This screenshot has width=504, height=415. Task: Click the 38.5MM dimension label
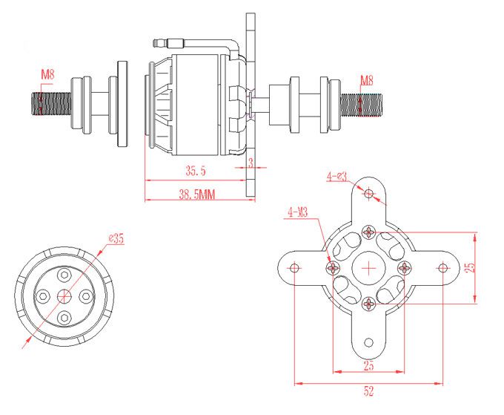click(196, 195)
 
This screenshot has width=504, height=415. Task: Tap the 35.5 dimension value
click(196, 171)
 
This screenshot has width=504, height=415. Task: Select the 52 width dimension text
click(368, 391)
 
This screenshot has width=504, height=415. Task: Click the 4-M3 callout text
click(298, 212)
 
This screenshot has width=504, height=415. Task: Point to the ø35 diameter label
click(116, 238)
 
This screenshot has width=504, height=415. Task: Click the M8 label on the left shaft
click(47, 75)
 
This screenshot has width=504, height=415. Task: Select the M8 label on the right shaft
click(366, 80)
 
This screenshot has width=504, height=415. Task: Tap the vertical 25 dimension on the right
click(470, 267)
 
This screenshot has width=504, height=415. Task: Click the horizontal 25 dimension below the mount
click(368, 365)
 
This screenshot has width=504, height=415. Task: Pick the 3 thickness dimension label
click(251, 163)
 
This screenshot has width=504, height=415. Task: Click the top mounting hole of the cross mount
click(369, 193)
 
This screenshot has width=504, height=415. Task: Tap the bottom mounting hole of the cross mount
click(369, 342)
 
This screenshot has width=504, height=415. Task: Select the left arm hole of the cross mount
click(294, 267)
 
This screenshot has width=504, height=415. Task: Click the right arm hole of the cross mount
click(443, 267)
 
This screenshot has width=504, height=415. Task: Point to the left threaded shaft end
click(51, 104)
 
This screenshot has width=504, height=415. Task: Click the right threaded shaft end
click(361, 105)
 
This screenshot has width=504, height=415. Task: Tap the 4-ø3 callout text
click(336, 177)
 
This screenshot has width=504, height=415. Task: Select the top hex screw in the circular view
click(64, 275)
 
